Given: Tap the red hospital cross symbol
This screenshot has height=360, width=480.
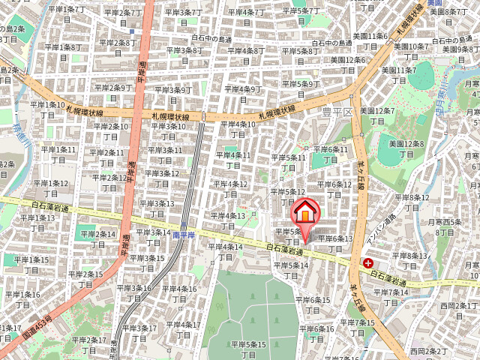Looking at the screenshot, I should point(368,263).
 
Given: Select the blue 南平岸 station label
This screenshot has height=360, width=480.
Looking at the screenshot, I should point(183,235).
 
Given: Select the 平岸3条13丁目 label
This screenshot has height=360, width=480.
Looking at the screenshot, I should point(157,208).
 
